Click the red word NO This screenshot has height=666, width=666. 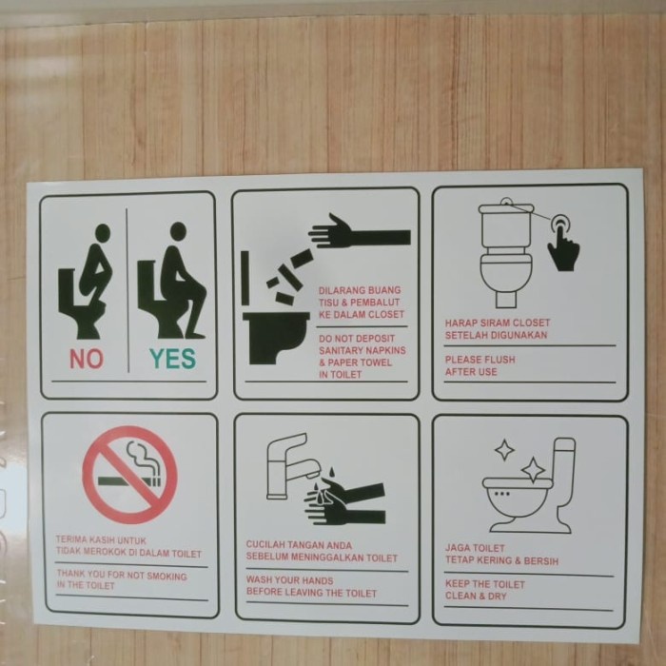pyautogui.click(x=86, y=359)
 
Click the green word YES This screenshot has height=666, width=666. pyautogui.click(x=171, y=359)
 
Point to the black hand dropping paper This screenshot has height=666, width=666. pyautogui.click(x=358, y=232)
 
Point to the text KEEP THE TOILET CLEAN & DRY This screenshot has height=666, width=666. pyautogui.click(x=485, y=590)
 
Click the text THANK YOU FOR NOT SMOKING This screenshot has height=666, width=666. pyautogui.click(x=122, y=576)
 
